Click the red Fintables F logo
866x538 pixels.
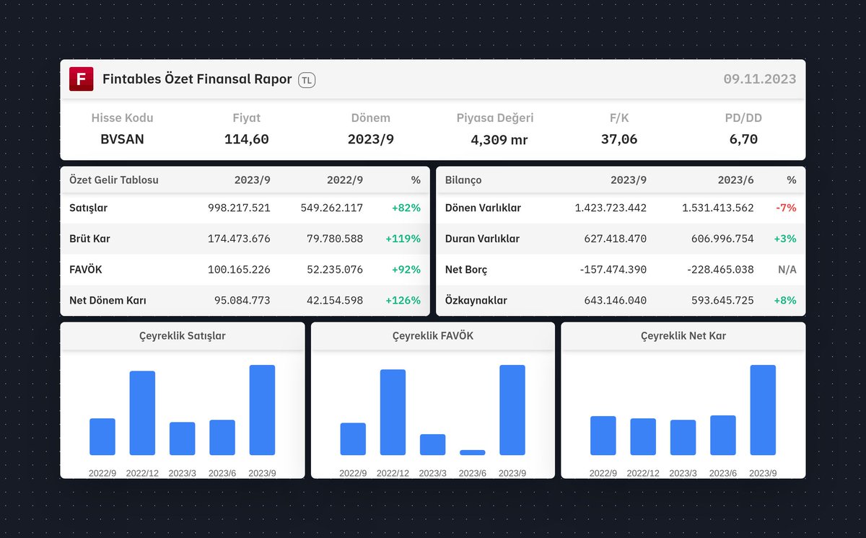click(x=81, y=79)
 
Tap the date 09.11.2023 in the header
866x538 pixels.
click(x=759, y=79)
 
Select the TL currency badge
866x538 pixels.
click(x=307, y=80)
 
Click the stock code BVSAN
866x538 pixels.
click(x=122, y=139)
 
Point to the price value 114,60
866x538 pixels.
click(x=246, y=139)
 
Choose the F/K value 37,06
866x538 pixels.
click(x=619, y=139)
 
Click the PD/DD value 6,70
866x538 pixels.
click(x=743, y=139)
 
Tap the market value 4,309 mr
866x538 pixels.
click(x=499, y=140)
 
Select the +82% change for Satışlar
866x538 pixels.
click(x=406, y=208)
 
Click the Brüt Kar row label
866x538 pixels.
click(x=89, y=239)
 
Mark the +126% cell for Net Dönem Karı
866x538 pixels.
click(x=403, y=300)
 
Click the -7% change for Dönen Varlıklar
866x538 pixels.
click(x=785, y=208)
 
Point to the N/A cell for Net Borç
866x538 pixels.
click(x=787, y=270)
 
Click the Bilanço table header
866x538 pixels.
click(x=463, y=180)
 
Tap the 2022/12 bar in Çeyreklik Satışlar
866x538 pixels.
click(x=142, y=413)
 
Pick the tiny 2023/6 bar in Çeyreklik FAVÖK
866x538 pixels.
click(x=473, y=452)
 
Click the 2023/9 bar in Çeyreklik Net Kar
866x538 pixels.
click(x=763, y=410)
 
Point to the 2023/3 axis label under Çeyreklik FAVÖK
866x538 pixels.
click(x=432, y=473)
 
